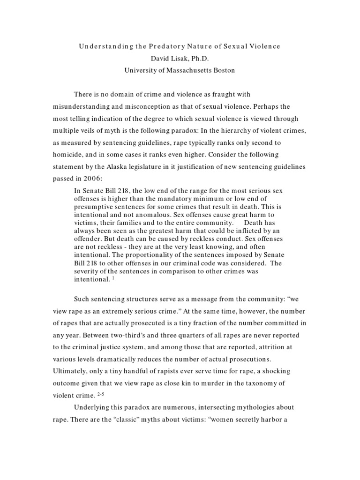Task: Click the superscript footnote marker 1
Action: pyautogui.click(x=113, y=277)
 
